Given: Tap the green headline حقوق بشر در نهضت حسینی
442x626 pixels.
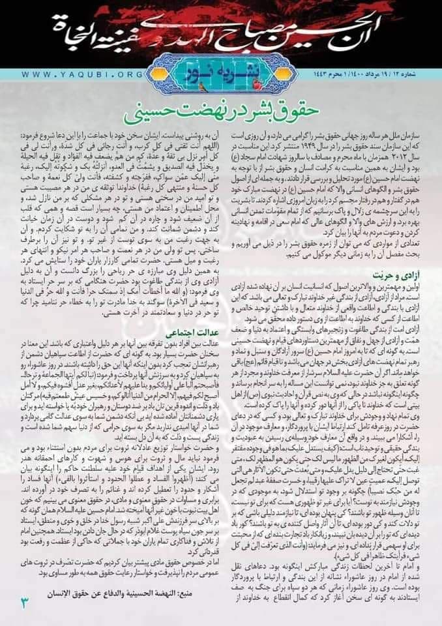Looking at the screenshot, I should (x=222, y=106).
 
